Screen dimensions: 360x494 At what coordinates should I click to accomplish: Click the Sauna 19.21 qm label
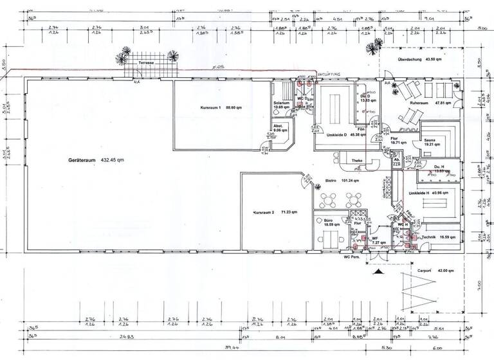(430, 143)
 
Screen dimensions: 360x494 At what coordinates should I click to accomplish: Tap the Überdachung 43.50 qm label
(419, 60)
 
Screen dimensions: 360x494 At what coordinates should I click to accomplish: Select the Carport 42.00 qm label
(432, 271)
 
